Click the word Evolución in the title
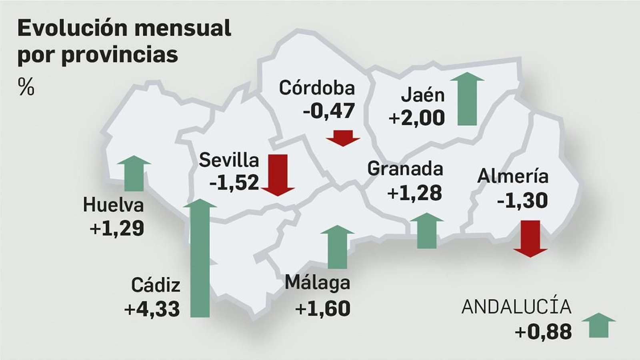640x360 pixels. (72, 28)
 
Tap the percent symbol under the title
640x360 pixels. (26, 86)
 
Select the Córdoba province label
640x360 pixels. (317, 88)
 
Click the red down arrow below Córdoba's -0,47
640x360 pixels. (343, 138)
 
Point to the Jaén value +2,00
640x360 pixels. (416, 118)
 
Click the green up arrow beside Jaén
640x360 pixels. (467, 99)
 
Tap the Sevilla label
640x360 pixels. (229, 160)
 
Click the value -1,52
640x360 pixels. (234, 183)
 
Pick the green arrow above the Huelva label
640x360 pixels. (134, 173)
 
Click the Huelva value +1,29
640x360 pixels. (117, 229)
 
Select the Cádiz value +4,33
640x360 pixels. (152, 309)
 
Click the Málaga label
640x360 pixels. (317, 283)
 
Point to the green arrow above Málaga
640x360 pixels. (337, 247)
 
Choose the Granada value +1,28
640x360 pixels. (414, 193)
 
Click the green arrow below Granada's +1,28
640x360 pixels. (427, 231)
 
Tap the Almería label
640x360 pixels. (512, 176)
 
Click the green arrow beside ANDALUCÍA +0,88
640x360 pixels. (598, 325)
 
